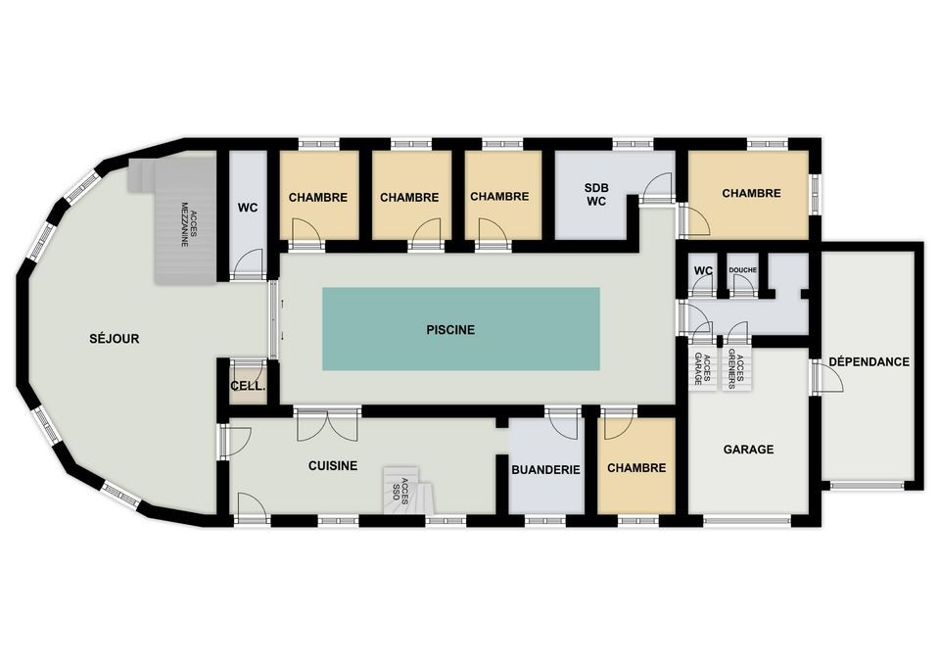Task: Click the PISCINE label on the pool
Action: [450, 330]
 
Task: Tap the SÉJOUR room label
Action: [114, 339]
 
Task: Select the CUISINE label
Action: [333, 466]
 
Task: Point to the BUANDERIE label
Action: [545, 469]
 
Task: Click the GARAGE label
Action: [748, 450]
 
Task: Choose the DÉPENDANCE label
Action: [869, 362]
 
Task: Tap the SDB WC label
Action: [596, 195]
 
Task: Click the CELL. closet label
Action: [248, 386]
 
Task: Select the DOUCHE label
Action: [743, 270]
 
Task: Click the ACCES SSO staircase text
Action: [400, 490]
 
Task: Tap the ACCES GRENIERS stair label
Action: [735, 372]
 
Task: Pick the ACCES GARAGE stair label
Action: [702, 368]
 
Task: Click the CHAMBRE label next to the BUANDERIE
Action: [636, 468]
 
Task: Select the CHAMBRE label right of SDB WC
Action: [751, 193]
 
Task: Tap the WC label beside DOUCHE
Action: [703, 271]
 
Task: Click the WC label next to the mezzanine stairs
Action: [248, 208]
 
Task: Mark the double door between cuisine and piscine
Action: [327, 424]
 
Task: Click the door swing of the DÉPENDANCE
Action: [830, 378]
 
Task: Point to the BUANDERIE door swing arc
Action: [565, 423]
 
